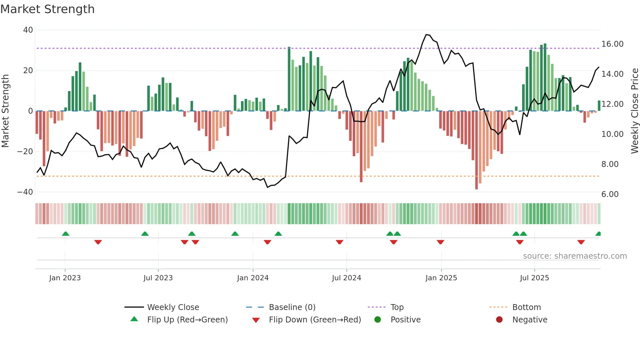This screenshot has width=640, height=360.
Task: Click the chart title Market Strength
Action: point(47,9)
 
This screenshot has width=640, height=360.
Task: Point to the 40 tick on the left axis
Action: point(28,30)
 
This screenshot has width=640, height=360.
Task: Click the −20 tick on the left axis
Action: point(25,152)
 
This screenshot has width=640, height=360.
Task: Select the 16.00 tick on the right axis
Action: point(612,44)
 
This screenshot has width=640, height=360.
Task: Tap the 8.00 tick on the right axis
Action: point(610,164)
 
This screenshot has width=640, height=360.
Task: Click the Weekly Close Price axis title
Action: point(634,111)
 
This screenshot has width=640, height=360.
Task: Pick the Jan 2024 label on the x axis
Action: point(253,278)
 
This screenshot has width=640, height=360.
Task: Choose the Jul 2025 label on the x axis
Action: point(534,278)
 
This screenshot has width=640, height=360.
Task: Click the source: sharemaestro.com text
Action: point(575,256)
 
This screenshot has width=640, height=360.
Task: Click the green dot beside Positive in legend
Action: point(378,319)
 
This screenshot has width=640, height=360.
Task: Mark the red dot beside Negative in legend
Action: point(499,319)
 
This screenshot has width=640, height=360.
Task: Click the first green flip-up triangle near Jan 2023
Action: point(66,234)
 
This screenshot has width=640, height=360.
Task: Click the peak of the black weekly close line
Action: point(426,34)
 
